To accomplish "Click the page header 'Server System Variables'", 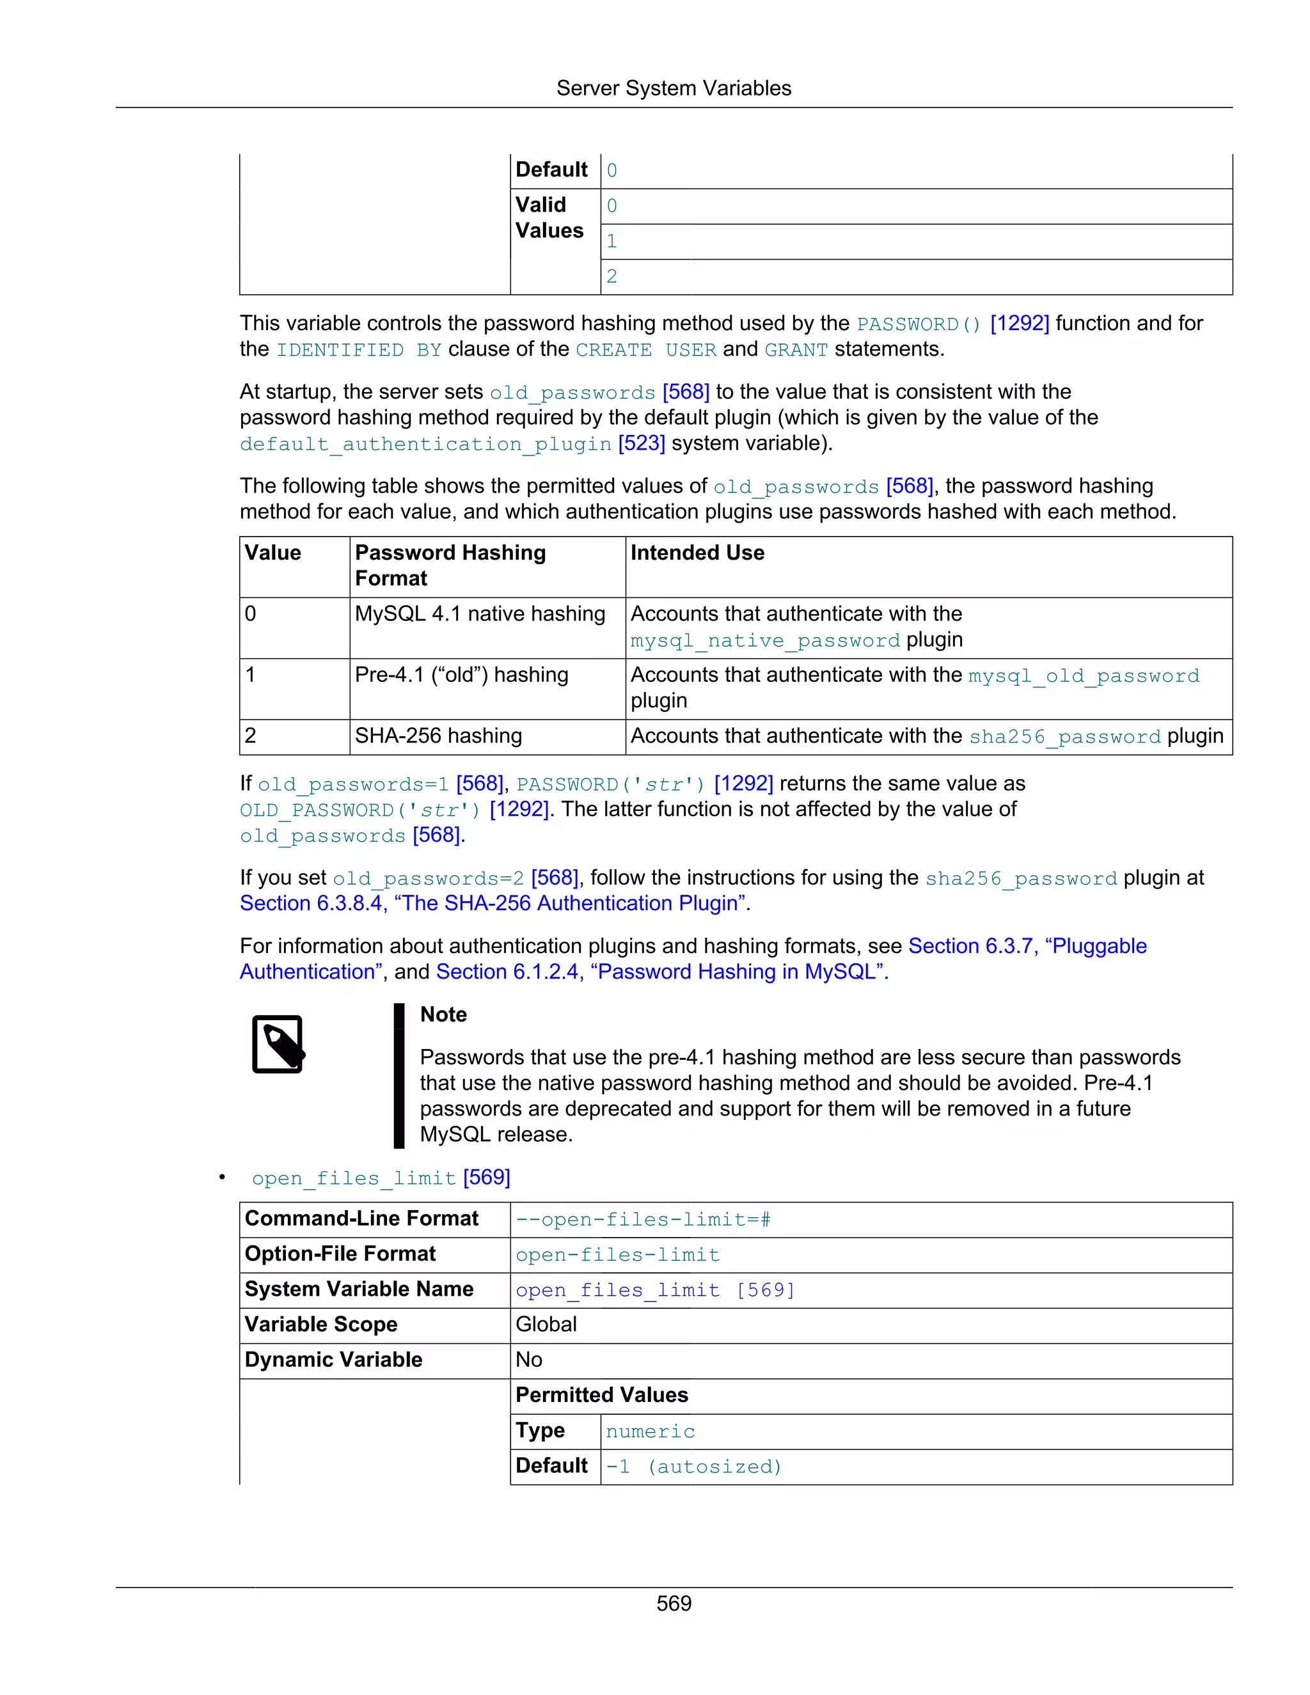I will coord(673,88).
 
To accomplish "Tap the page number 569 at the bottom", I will coord(673,1604).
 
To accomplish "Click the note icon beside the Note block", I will coord(278,1044).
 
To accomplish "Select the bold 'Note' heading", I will coord(443,1014).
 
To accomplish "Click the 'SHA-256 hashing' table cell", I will coord(438,736).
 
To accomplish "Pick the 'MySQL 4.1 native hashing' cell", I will coord(480,614).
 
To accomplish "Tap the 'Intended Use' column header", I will coord(697,553).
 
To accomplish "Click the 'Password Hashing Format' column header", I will coord(450,565).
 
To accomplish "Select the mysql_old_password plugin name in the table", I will coord(1084,676).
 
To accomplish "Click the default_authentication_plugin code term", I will coord(425,444).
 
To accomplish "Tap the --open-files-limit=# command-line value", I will coord(643,1219).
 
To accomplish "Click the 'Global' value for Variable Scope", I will coord(546,1325).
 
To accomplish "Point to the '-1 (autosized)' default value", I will coord(693,1466).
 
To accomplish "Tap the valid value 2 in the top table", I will coord(612,277).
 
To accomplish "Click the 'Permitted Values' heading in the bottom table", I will coord(601,1396).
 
